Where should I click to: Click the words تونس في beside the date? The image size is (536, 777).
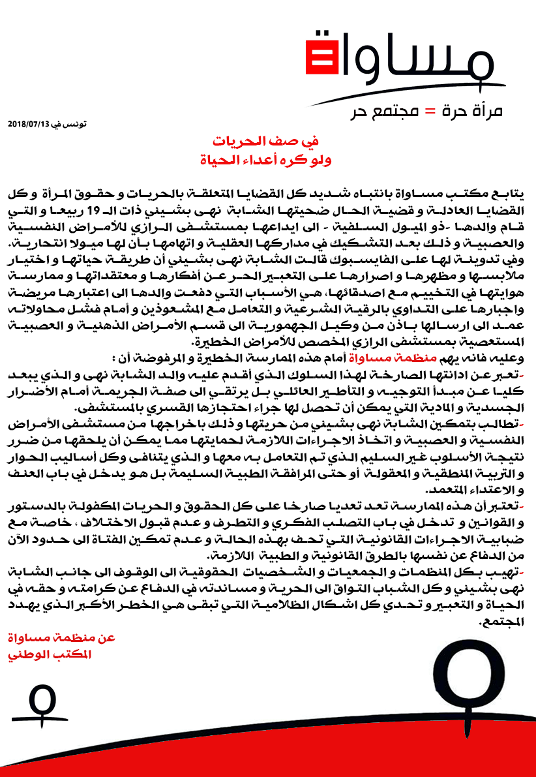[x=72, y=124]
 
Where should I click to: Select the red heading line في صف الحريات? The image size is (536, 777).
[x=268, y=142]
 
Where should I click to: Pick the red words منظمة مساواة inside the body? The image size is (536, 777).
[x=323, y=357]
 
